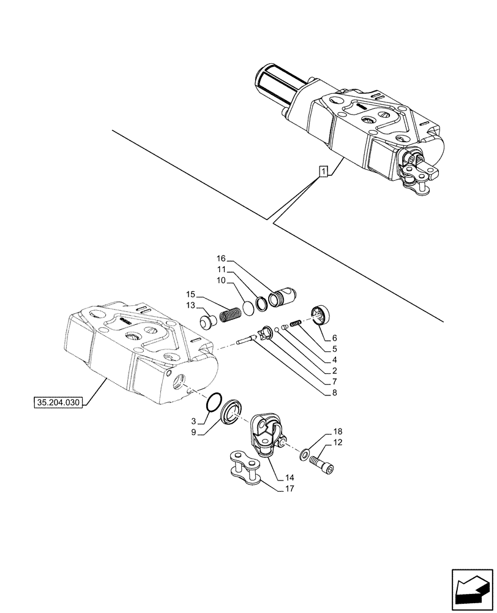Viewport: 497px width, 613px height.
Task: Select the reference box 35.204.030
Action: pos(57,403)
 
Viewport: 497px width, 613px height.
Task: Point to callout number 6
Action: pos(334,338)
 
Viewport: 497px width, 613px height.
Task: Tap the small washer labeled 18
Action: pos(304,455)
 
